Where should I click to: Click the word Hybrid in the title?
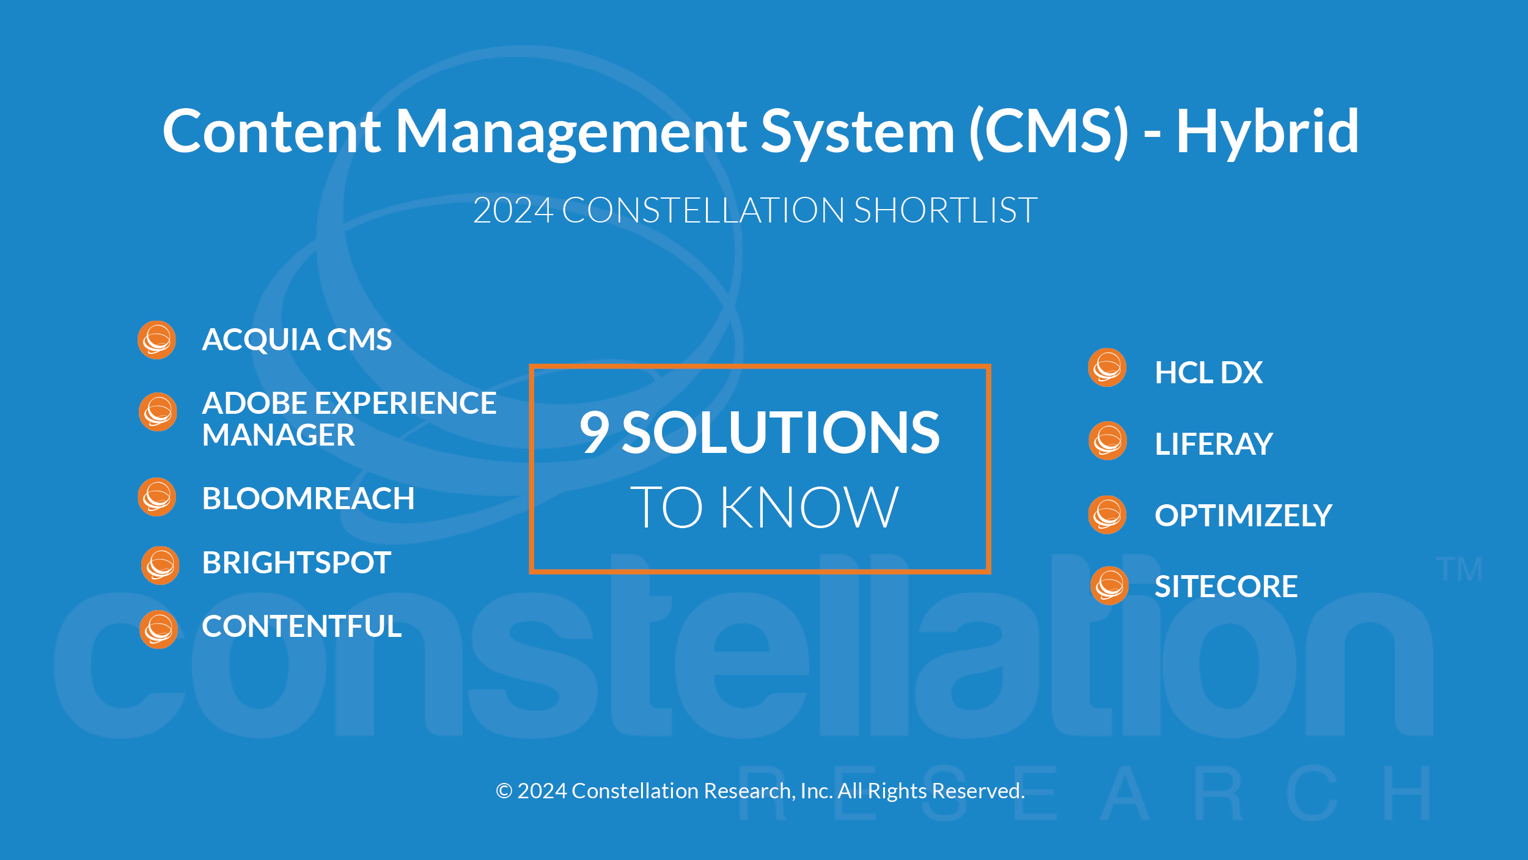point(1267,132)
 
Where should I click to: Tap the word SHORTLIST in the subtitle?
point(945,210)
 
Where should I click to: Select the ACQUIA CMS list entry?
point(297,340)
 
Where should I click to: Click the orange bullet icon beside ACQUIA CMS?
point(157,340)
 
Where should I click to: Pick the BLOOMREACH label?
point(308,499)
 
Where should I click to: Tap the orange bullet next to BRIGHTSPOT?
point(160,565)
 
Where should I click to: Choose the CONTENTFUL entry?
point(302,627)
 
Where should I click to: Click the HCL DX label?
point(1208,373)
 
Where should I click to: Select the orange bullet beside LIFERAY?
point(1107,441)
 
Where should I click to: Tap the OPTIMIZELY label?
point(1243,516)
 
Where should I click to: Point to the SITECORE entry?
point(1226,587)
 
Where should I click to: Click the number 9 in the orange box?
point(595,433)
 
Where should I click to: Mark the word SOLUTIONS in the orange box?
point(781,433)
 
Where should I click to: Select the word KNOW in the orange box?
point(809,507)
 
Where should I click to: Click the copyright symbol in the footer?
point(504,791)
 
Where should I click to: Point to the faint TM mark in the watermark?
point(1459,570)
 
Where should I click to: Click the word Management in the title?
point(571,132)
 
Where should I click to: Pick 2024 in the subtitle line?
point(513,210)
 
